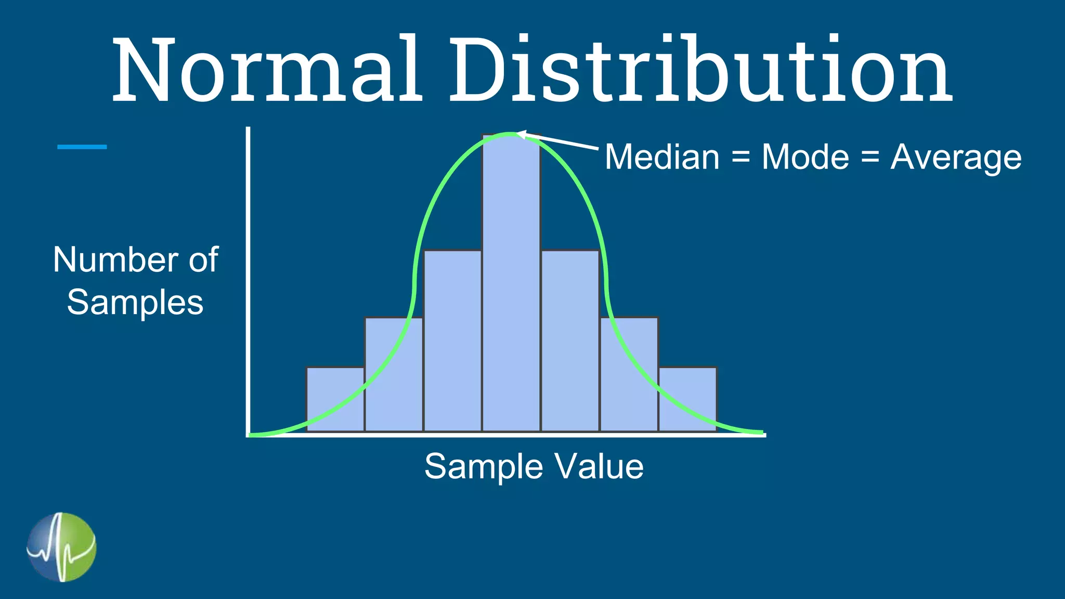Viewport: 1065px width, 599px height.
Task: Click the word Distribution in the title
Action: coord(700,70)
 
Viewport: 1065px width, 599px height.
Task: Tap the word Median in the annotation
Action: coord(662,157)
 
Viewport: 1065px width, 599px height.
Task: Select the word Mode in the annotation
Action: coord(805,157)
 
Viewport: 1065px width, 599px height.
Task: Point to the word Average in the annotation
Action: coord(956,158)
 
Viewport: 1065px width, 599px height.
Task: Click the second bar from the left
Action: coord(394,374)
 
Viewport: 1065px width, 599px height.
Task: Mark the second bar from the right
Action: coord(629,374)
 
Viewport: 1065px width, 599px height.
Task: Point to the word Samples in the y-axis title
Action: coord(135,303)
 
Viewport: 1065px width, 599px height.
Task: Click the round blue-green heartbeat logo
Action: coord(61,547)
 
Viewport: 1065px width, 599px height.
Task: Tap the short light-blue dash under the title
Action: coord(82,147)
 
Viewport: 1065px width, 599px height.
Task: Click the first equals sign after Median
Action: coord(741,157)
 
